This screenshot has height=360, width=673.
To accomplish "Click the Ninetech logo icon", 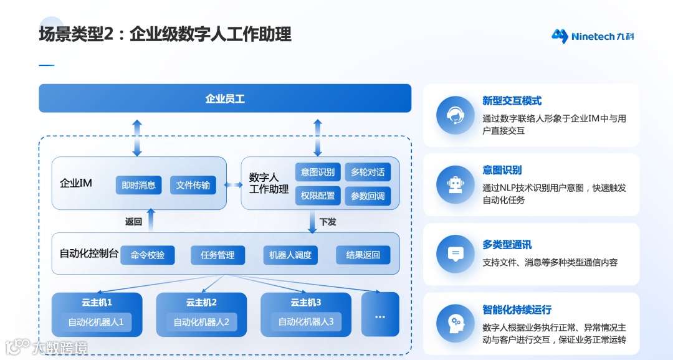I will pos(560,36).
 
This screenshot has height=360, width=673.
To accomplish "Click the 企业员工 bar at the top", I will pos(225,98).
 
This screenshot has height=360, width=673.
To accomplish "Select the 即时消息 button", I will pos(138,185).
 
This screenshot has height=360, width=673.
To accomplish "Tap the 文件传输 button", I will pos(193,185).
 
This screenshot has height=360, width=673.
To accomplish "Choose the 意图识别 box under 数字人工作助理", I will pos(318,173).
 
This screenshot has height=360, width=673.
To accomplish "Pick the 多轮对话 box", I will pos(368,173).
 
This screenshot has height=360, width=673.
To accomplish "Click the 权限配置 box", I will pos(318,196).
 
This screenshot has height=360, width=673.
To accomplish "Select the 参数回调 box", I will pos(368,196).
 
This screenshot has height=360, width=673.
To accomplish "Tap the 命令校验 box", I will pos(148,255).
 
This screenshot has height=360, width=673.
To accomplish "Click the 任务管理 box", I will pos(217,255).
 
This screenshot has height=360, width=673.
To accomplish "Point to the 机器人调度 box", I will pos(290,255).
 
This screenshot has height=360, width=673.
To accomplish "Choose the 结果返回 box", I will pos(363,255).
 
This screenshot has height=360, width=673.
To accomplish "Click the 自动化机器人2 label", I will pos(201,322).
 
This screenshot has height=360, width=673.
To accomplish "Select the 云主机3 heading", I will pos(306,303).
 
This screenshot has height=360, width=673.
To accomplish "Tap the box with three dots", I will pos(380,315).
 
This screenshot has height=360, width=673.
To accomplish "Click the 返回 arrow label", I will pos(133,221).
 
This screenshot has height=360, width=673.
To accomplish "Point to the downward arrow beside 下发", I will pos(312,221).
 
